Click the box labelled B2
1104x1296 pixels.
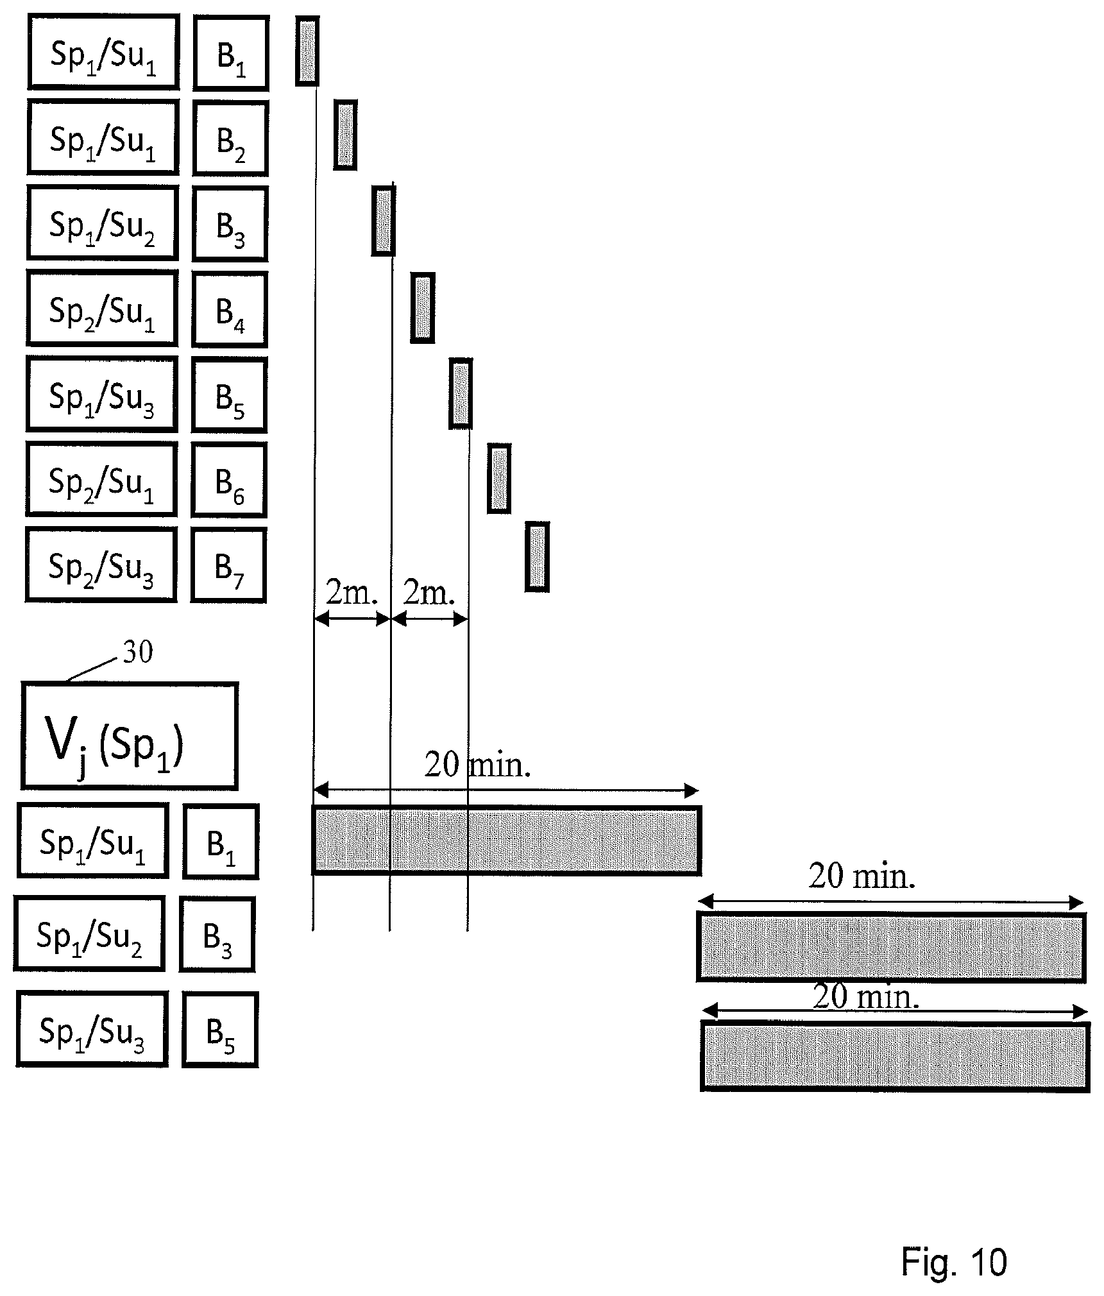(230, 139)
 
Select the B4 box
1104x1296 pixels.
(230, 310)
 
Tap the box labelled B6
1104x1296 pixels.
(229, 480)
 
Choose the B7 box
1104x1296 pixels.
(228, 565)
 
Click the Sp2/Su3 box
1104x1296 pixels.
(101, 565)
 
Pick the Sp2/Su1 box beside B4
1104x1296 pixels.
(102, 309)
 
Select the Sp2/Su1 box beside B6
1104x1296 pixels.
(101, 480)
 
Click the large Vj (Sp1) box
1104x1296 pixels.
(130, 736)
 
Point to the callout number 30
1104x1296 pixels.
(138, 652)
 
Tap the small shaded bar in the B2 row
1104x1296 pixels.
(345, 135)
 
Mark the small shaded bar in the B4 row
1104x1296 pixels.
(423, 307)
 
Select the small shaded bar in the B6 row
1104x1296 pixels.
(499, 479)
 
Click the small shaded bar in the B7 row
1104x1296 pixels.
(537, 557)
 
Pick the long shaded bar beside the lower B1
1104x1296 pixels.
(507, 840)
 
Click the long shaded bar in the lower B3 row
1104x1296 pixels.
(892, 947)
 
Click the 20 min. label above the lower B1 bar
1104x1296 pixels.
(478, 764)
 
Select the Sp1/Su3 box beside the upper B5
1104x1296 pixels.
(102, 395)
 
